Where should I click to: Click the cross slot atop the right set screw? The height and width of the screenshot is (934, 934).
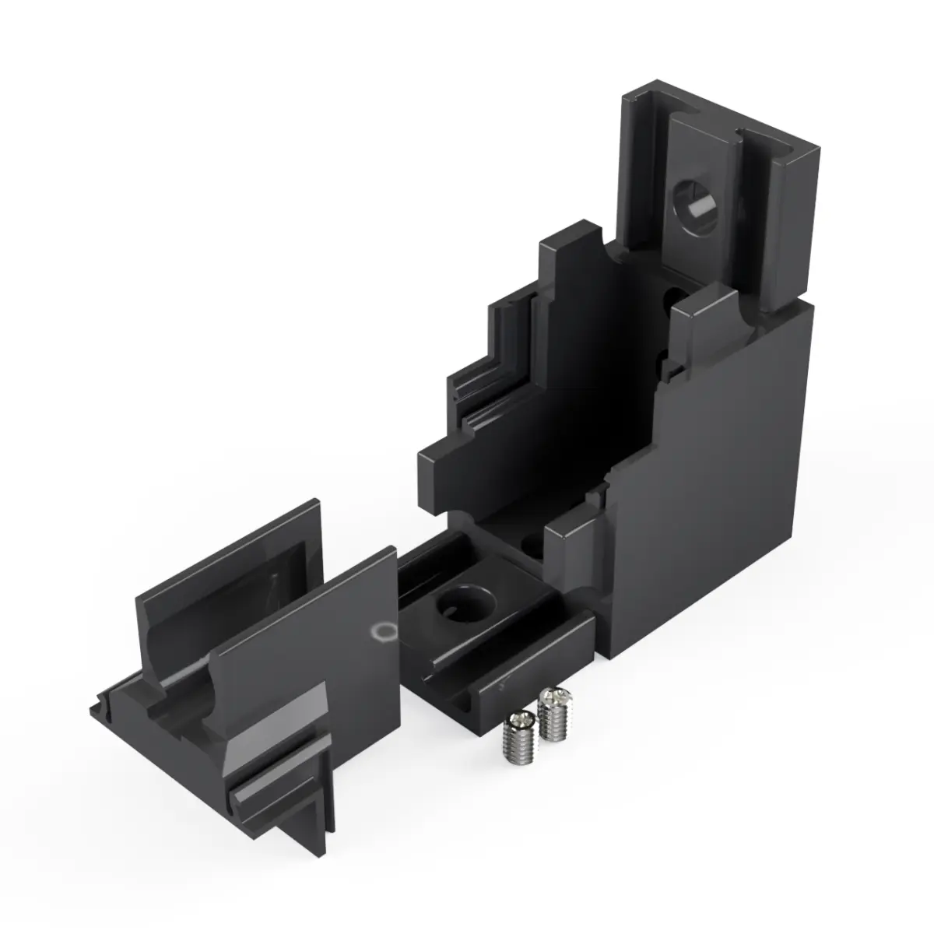(551, 695)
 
